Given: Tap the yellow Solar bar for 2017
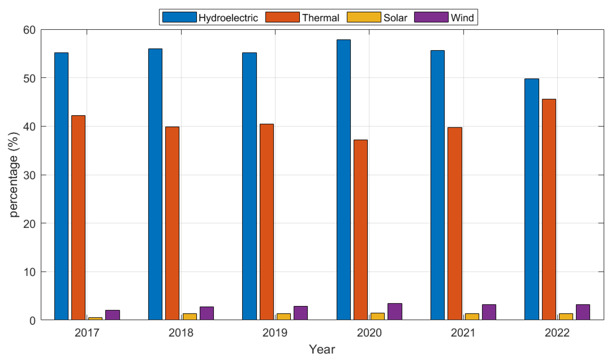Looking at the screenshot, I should pos(95,318).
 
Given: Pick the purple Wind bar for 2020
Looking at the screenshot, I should pos(395,311).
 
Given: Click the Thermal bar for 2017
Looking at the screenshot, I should pos(78,217).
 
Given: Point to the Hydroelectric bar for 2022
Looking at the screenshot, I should pos(532,199).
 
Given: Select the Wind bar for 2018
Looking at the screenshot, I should pos(207,313).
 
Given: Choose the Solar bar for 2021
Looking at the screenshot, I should pos(472,317).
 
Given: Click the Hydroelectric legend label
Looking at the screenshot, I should pos(228,18).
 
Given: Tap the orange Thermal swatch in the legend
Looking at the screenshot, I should pos(282,17).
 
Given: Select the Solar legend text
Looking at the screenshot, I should pos(395,18).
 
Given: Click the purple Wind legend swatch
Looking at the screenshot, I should pos(431,17).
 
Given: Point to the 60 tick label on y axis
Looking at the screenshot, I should pos(29,30).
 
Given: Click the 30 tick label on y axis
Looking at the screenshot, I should pos(29,175).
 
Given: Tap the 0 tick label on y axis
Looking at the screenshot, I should pos(32,321).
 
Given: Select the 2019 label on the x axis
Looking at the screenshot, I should pos(275,333).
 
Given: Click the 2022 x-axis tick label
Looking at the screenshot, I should pos(557,333).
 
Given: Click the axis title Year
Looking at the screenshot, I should pos(322,349).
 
